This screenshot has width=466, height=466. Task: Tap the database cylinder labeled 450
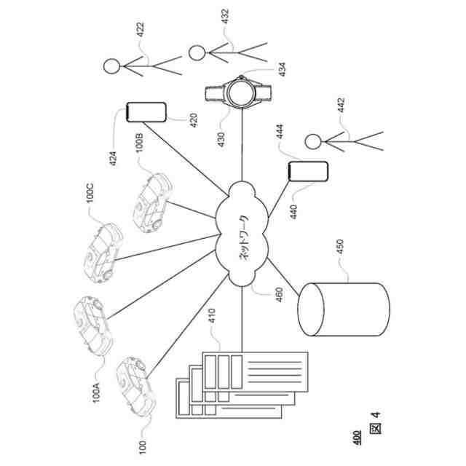click(x=343, y=309)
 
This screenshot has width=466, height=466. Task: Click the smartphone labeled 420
click(x=146, y=113)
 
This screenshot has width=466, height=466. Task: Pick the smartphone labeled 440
click(x=308, y=172)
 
